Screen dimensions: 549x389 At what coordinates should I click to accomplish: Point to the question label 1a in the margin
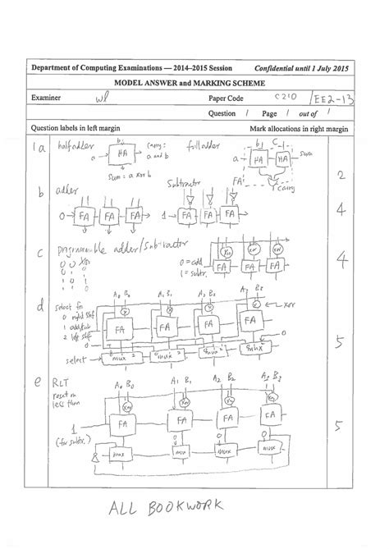pos(37,149)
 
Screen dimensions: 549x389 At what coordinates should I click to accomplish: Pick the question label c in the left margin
pos(38,255)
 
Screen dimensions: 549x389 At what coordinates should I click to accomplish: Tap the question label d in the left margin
pos(39,307)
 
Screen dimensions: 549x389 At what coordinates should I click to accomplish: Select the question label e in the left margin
pos(39,381)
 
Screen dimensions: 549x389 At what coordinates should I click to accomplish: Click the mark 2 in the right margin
pos(340,175)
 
